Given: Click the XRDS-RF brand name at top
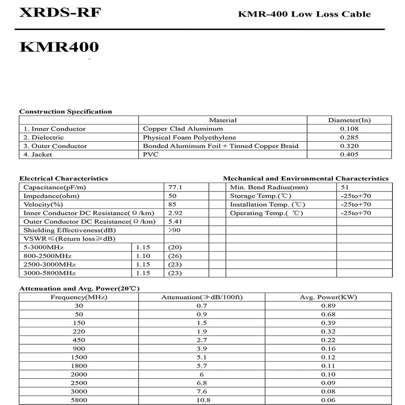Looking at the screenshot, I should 60,13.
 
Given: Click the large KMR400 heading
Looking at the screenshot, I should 59,47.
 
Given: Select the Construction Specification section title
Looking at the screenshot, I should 66,111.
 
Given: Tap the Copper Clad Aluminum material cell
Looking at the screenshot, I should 183,129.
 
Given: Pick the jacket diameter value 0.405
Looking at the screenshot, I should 349,154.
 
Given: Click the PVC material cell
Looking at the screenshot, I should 151,154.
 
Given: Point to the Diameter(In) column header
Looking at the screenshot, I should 349,120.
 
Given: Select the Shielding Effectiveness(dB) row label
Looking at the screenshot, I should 70,230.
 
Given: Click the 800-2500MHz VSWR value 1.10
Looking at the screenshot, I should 143,256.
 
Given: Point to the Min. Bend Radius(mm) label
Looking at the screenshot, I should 269,187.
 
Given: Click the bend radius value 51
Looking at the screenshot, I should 345,187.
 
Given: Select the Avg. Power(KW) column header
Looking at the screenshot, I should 328,297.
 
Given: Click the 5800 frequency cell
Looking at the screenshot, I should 79,400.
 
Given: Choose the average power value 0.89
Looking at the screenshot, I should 328,306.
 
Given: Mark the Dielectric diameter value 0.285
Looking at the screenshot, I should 349,138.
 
